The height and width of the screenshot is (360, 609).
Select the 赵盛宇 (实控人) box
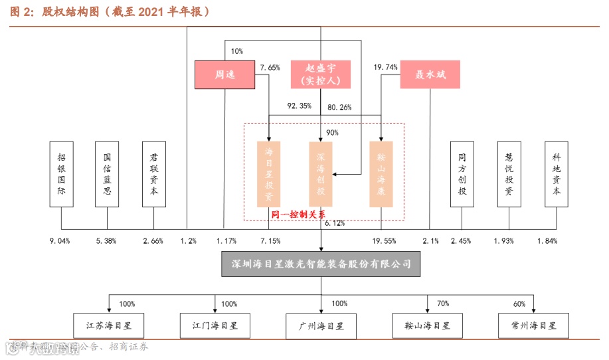pos(321,74)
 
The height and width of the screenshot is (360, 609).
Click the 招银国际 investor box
pos(62,173)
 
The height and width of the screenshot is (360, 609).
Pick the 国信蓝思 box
pos(108,173)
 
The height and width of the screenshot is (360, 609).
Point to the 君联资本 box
pos(154,173)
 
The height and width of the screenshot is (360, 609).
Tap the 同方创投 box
pos(462,173)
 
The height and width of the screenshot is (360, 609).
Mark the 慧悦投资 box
pos(509,173)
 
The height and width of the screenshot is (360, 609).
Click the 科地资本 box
pos(557,173)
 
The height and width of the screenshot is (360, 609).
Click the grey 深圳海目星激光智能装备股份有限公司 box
pos(321,264)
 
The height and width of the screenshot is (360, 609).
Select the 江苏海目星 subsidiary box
pos(108,326)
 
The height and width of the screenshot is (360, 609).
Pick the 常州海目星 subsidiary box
pos(533,326)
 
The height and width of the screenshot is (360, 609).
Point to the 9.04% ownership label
pos(60,240)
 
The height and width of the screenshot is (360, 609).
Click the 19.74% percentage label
pos(386,67)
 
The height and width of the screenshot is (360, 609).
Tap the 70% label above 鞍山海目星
pos(443,304)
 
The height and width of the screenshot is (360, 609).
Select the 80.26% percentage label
pos(339,106)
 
